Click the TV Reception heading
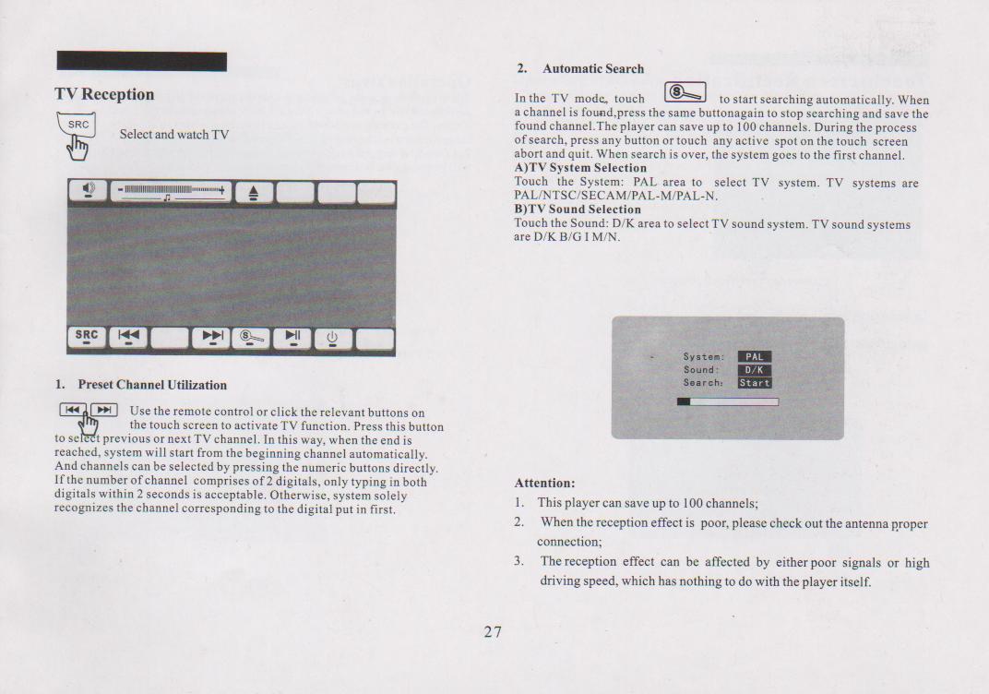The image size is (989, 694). tap(104, 94)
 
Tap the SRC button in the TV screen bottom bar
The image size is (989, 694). tap(87, 338)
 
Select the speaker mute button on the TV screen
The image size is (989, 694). tap(88, 190)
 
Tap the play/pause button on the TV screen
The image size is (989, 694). tap(292, 338)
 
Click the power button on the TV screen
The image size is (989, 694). tap(332, 339)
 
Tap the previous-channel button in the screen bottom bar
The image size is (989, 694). tap(128, 338)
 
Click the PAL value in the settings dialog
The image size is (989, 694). tap(755, 357)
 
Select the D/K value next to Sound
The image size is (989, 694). tap(755, 370)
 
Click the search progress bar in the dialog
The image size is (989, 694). tap(728, 401)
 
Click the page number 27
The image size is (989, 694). tap(494, 631)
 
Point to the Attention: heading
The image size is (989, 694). tap(544, 484)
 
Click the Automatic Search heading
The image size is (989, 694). tap(593, 69)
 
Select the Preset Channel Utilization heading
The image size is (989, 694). tap(152, 385)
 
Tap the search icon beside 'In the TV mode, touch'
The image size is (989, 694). tap(685, 92)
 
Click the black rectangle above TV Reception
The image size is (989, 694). tap(142, 61)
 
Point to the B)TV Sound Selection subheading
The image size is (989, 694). tap(578, 209)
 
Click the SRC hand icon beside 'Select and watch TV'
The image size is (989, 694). tap(77, 136)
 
